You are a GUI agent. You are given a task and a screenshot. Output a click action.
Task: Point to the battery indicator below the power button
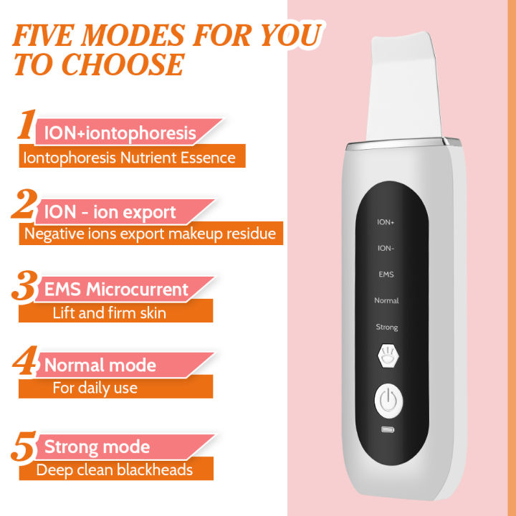(x=387, y=430)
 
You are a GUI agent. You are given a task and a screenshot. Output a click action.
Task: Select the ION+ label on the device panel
(x=386, y=222)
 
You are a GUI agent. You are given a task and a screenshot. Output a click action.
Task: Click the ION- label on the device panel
(x=386, y=248)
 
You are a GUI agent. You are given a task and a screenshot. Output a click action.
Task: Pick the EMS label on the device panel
(x=386, y=274)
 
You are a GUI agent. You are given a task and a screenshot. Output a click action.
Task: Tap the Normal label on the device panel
(x=386, y=301)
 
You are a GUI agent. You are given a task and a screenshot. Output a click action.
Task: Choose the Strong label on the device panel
(x=386, y=328)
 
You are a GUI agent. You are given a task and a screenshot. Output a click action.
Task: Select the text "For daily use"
(x=95, y=388)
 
